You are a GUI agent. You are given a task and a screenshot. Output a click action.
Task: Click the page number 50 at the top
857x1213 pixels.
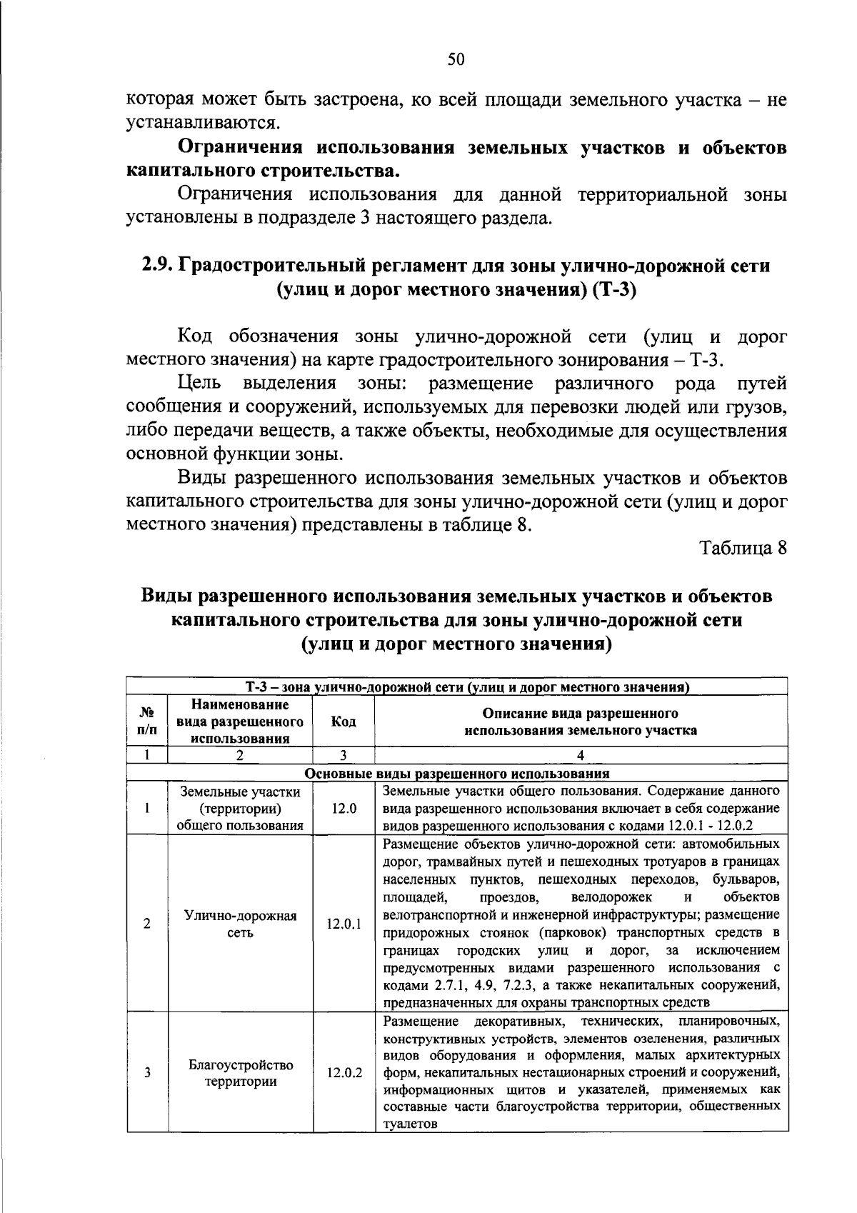pyautogui.click(x=456, y=59)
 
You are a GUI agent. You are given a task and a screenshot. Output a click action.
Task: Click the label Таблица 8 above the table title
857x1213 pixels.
pyautogui.click(x=743, y=548)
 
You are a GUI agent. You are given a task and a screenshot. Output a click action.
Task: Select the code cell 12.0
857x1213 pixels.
pyautogui.click(x=344, y=809)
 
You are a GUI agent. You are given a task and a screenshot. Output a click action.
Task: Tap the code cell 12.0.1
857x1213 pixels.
pyautogui.click(x=344, y=924)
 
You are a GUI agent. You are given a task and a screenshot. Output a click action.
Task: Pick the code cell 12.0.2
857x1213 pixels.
pyautogui.click(x=344, y=1073)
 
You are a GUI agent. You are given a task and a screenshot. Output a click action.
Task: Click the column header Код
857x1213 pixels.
pyautogui.click(x=344, y=722)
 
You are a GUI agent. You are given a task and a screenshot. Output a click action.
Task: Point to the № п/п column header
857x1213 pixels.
pyautogui.click(x=147, y=722)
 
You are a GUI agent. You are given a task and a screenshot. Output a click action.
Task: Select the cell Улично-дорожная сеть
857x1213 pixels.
pyautogui.click(x=240, y=924)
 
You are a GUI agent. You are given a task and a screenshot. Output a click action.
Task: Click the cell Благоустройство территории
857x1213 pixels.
pyautogui.click(x=241, y=1073)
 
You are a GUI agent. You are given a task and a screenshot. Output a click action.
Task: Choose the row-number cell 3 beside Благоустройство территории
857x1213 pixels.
pyautogui.click(x=147, y=1073)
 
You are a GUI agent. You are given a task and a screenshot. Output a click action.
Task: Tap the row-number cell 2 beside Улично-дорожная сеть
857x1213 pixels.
pyautogui.click(x=147, y=924)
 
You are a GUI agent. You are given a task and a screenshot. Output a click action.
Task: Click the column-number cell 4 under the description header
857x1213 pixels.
pyautogui.click(x=581, y=756)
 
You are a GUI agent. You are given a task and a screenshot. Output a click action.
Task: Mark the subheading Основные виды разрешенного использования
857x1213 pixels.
pyautogui.click(x=457, y=773)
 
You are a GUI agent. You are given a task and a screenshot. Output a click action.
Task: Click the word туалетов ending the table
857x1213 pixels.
pyautogui.click(x=409, y=1124)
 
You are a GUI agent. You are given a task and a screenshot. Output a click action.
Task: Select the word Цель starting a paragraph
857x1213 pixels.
pyautogui.click(x=199, y=384)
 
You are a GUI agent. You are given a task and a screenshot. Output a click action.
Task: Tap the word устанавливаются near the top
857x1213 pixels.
pyautogui.click(x=201, y=123)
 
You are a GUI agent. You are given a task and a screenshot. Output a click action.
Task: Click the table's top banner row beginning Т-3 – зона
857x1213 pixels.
pyautogui.click(x=457, y=687)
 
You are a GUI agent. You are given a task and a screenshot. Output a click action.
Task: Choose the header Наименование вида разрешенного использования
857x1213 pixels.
pyautogui.click(x=240, y=722)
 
